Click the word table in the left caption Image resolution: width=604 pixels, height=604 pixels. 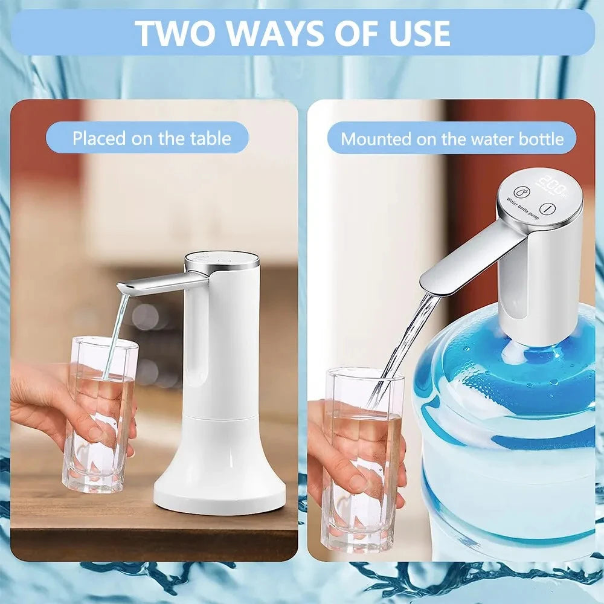[208, 138]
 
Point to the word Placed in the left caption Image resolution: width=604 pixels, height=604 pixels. [100, 138]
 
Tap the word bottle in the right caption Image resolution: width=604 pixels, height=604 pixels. [541, 139]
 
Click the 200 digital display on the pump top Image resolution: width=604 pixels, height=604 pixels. [552, 182]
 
